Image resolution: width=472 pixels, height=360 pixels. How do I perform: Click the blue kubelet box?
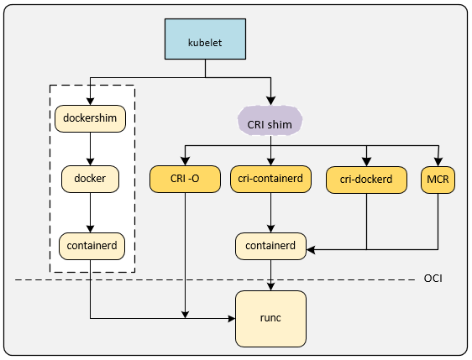(x=205, y=39)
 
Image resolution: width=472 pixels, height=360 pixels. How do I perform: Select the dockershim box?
(x=90, y=118)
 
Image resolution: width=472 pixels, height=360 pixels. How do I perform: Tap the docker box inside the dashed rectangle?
(x=90, y=179)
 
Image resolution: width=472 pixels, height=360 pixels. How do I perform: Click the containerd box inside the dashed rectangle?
(x=92, y=246)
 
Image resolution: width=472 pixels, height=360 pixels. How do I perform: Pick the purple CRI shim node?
(x=270, y=121)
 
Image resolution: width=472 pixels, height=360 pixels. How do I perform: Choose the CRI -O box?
(x=185, y=179)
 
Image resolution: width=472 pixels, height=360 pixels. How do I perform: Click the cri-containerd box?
(x=270, y=179)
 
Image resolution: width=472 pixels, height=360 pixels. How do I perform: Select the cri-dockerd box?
(x=366, y=180)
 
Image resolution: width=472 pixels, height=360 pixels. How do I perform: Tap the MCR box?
(x=438, y=180)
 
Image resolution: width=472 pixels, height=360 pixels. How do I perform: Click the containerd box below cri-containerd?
(x=270, y=246)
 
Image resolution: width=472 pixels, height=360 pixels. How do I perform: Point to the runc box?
(x=270, y=319)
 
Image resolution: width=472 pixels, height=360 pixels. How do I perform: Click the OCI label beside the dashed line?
(x=433, y=279)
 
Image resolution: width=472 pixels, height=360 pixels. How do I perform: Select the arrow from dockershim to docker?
(x=90, y=149)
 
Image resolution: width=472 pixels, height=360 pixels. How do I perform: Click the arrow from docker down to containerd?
(x=90, y=212)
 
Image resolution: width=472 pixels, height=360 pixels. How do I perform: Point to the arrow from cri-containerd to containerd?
(x=270, y=212)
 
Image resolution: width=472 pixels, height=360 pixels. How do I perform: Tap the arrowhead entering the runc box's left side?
(x=232, y=318)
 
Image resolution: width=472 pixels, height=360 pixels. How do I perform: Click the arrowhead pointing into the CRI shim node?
(x=271, y=101)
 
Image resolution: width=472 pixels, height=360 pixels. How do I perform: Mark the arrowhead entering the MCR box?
(x=438, y=162)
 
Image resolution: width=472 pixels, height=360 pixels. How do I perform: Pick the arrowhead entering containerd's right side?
(x=311, y=249)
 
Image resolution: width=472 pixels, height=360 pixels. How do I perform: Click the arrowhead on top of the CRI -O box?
(x=185, y=161)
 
